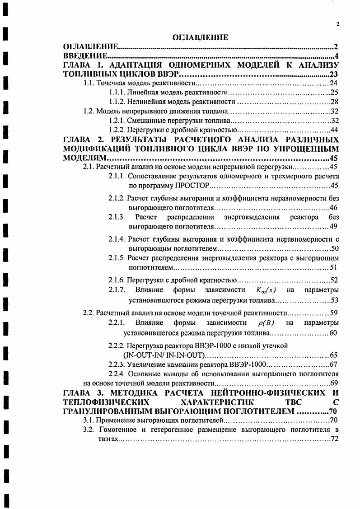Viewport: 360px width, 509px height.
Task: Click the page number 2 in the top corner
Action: click(337, 25)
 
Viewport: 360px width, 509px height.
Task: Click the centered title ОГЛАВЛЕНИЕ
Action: click(200, 37)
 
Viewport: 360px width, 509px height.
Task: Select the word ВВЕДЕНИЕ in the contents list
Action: click(84, 56)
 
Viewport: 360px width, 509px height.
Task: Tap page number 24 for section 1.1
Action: click(334, 83)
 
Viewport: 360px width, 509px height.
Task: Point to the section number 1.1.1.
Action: click(117, 92)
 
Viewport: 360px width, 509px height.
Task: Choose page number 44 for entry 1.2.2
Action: click(334, 130)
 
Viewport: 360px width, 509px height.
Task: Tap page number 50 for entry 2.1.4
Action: click(335, 248)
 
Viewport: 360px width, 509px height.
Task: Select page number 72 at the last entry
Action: click(335, 439)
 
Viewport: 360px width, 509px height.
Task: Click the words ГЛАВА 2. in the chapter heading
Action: click(79, 140)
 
